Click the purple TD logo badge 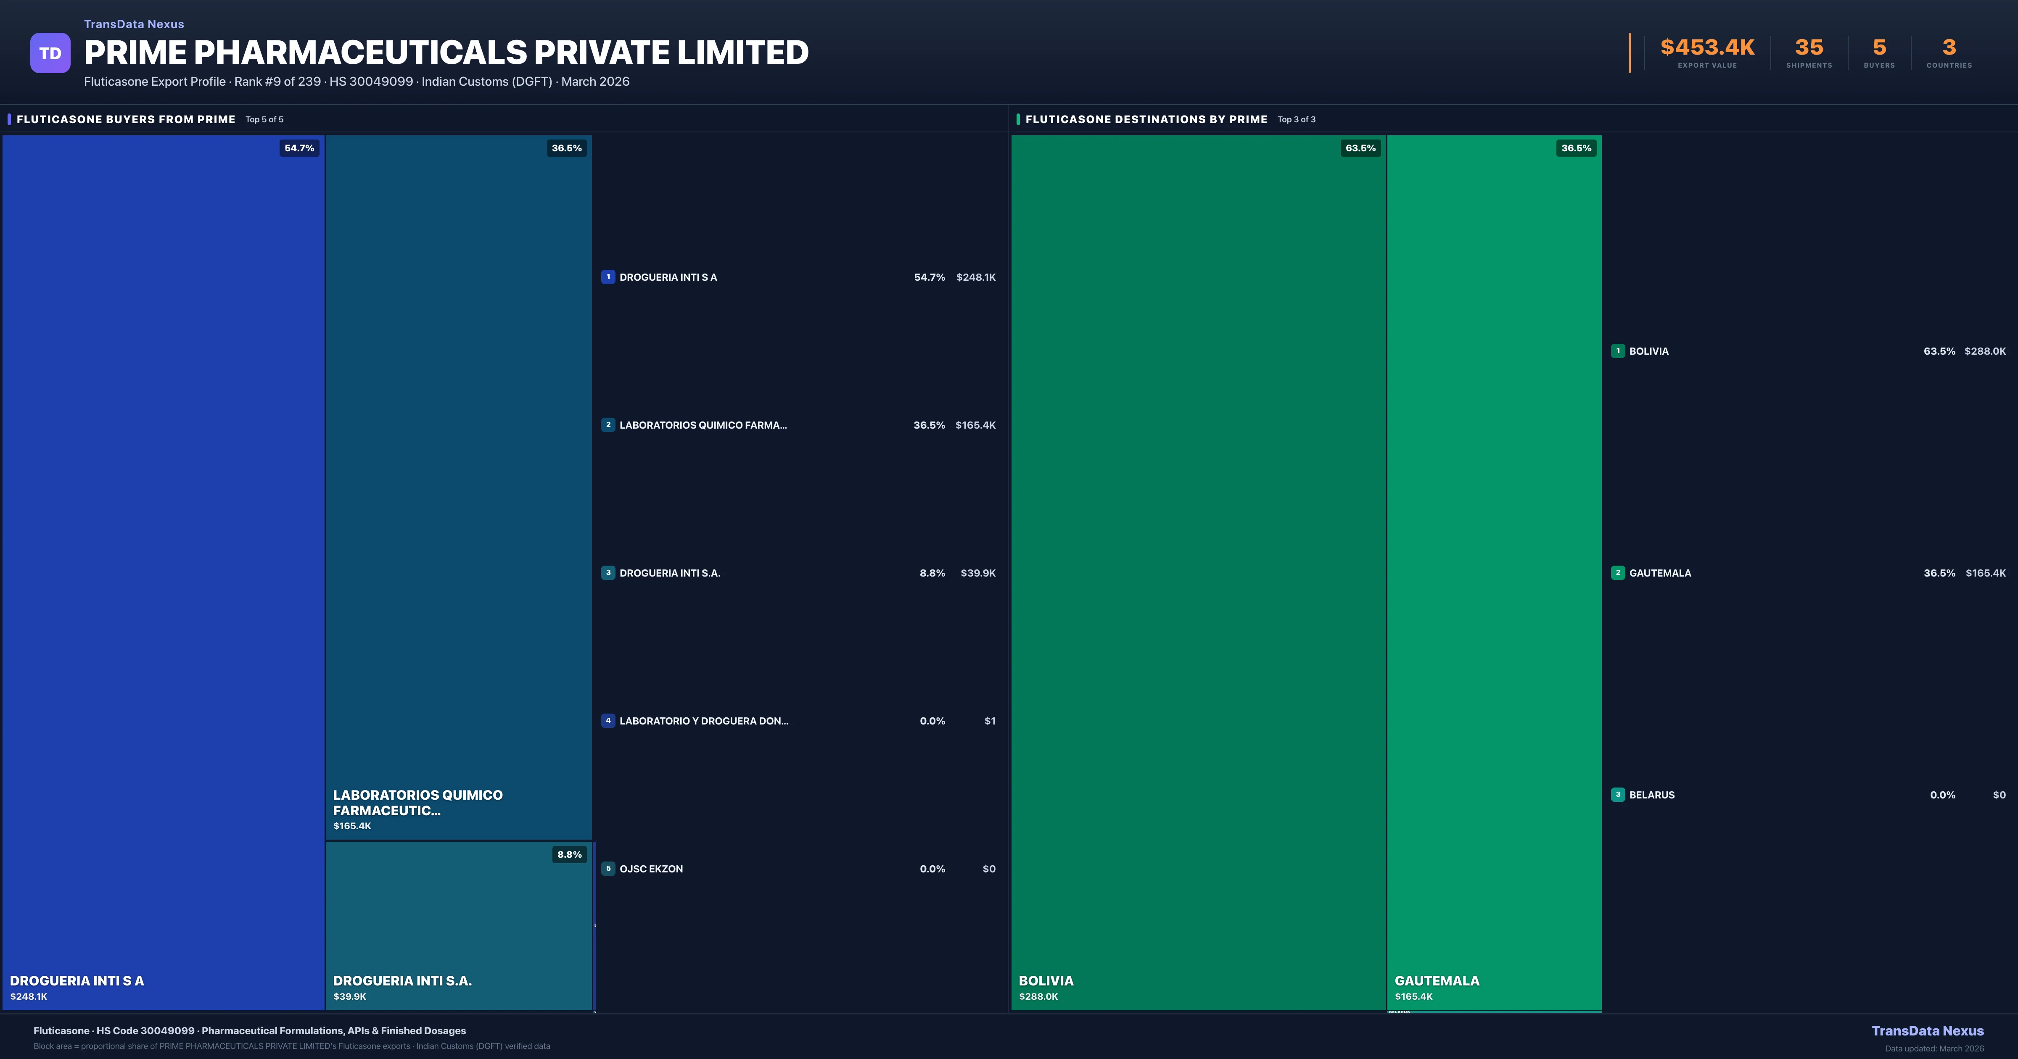pyautogui.click(x=50, y=53)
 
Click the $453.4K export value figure pyautogui.click(x=1707, y=48)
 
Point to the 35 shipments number pyautogui.click(x=1809, y=48)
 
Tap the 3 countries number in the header pyautogui.click(x=1949, y=48)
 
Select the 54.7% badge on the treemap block pyautogui.click(x=299, y=148)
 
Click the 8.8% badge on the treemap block pyautogui.click(x=570, y=855)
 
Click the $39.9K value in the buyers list pyautogui.click(x=977, y=573)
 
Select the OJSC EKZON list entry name pyautogui.click(x=651, y=869)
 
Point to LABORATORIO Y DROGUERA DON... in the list pyautogui.click(x=703, y=721)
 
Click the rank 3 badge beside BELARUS pyautogui.click(x=1618, y=794)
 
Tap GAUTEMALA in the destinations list pyautogui.click(x=1660, y=573)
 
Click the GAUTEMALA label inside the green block pyautogui.click(x=1437, y=981)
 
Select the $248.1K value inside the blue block pyautogui.click(x=29, y=996)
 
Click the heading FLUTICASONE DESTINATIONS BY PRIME pyautogui.click(x=1146, y=119)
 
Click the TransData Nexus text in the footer pyautogui.click(x=1927, y=1031)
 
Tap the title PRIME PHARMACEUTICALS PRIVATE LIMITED pyautogui.click(x=446, y=53)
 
